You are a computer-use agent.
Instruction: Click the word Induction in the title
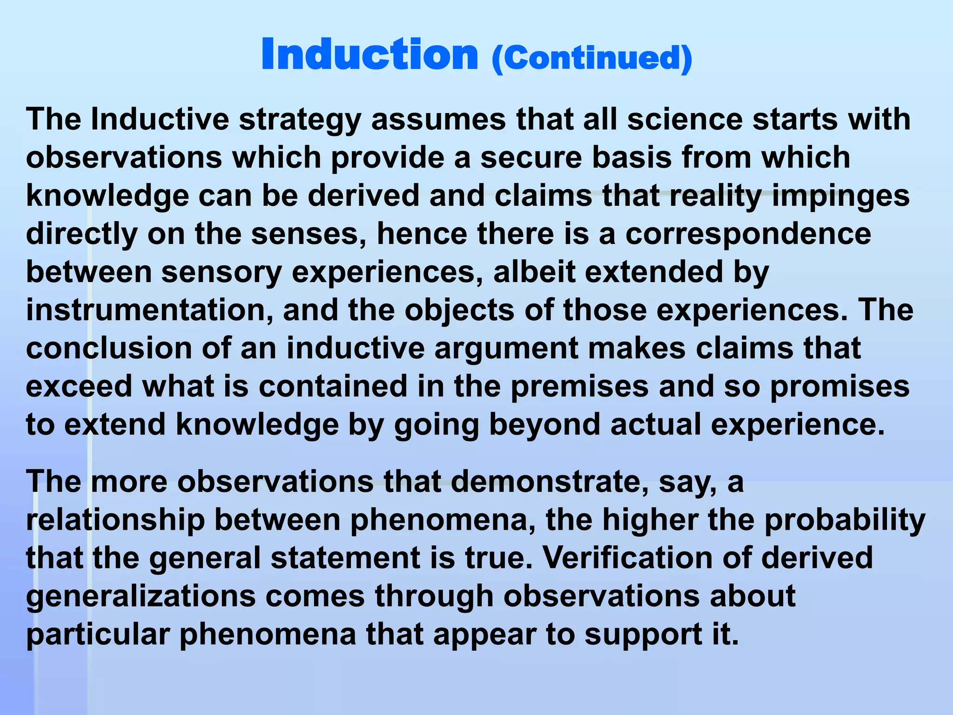369,55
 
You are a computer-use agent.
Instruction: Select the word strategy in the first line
300,120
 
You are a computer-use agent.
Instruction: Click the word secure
531,157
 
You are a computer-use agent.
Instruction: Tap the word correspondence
748,234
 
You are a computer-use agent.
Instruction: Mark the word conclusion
109,348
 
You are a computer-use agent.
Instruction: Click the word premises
579,387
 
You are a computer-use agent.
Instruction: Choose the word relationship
115,520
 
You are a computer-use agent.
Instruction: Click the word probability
845,520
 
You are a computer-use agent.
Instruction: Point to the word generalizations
141,597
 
